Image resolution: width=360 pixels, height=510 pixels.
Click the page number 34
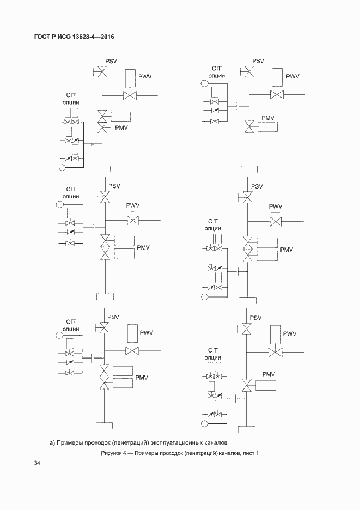pos(37,463)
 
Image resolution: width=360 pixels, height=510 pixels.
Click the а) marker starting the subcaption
pos(53,442)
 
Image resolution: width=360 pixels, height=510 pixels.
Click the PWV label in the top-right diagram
pos(293,76)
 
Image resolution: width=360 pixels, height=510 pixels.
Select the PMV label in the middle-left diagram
pos(143,247)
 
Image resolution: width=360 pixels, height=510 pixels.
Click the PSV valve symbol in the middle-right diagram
pos(248,197)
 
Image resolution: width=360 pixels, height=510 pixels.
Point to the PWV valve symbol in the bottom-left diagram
pos(132,350)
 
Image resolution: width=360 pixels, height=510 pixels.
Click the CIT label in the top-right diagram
pos(216,68)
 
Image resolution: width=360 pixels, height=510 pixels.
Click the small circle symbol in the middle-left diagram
pos(60,205)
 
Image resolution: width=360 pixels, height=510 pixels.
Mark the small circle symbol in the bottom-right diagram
pos(204,423)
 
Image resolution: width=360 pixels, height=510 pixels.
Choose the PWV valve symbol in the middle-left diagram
pos(132,220)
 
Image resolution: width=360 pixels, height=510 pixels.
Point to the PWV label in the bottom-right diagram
pos(289,333)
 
